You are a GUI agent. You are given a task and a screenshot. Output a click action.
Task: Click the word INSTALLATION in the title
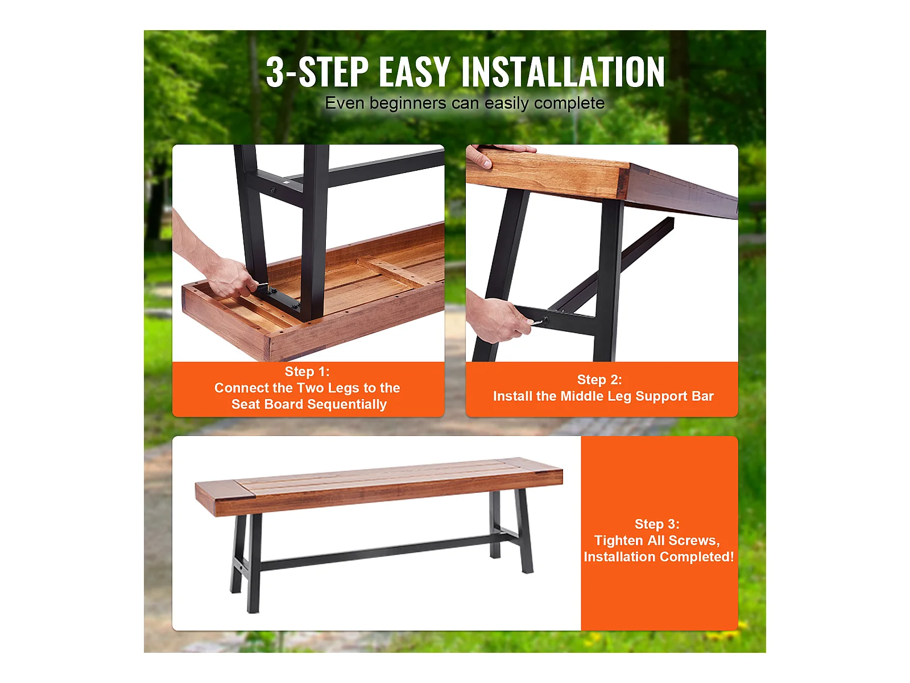(562, 72)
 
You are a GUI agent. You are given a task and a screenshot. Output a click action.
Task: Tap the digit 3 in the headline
(276, 72)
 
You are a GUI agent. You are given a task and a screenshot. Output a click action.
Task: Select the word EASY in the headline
(415, 72)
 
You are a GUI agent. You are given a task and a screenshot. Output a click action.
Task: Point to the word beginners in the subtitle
(408, 104)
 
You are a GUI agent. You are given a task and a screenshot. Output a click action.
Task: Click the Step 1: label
(307, 372)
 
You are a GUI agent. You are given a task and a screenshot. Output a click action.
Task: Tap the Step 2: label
(599, 380)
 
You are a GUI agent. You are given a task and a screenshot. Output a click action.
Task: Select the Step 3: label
(657, 524)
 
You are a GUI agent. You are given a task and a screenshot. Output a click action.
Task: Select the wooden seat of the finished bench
(379, 487)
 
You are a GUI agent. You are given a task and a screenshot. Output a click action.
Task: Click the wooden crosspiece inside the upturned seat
(394, 271)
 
